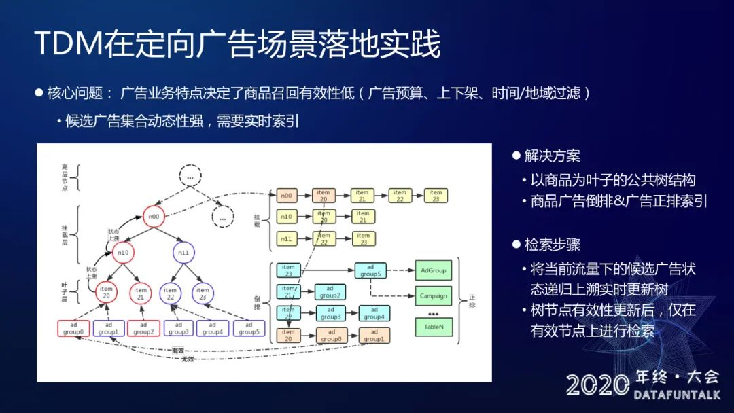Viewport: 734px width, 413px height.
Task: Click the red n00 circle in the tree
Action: point(155,217)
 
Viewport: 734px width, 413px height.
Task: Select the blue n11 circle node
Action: point(183,253)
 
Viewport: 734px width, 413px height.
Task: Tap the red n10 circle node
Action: point(123,253)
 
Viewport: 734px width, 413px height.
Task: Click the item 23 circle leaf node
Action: point(202,293)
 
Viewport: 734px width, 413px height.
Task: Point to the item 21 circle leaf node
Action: point(141,293)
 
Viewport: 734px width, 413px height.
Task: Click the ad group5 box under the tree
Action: point(248,329)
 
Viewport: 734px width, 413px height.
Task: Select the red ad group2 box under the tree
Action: point(143,329)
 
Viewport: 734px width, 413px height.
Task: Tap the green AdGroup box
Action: point(434,270)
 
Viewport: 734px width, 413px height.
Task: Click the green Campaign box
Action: point(434,295)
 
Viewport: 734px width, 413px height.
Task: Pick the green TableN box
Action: point(434,327)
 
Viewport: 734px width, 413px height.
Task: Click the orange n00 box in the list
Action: point(287,196)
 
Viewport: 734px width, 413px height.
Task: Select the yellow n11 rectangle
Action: point(287,238)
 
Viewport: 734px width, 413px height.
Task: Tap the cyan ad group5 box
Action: point(370,270)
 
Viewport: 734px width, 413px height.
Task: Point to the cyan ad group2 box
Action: point(330,292)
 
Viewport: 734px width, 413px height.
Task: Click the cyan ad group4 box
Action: point(373,313)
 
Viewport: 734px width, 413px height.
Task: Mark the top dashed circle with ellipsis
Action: point(190,177)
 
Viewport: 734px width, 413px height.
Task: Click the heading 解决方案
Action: point(552,156)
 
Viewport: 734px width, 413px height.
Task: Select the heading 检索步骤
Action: point(552,245)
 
